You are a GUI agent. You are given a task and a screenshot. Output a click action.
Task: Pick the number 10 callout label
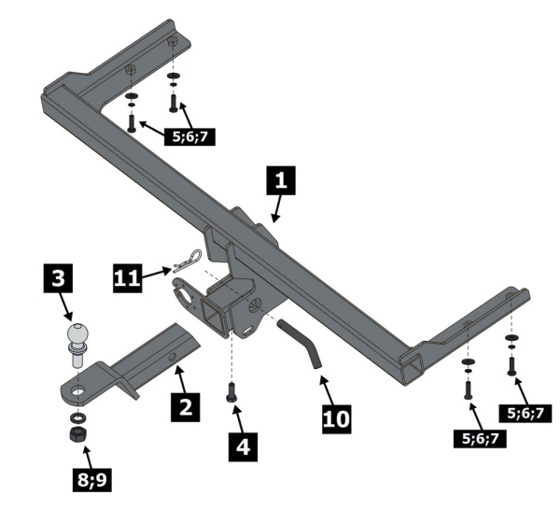pos(338,417)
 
